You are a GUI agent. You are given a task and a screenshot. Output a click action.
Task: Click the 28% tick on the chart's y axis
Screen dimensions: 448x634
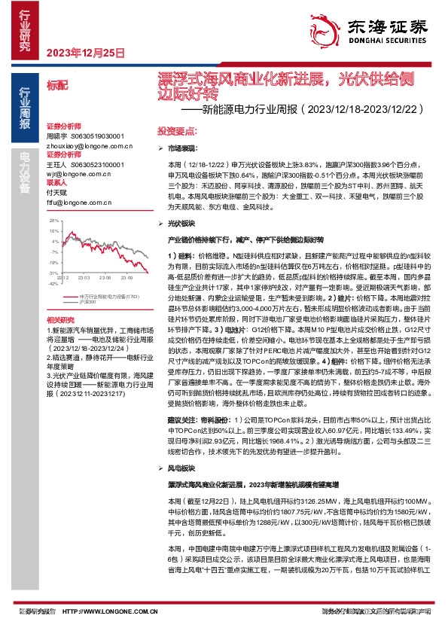[x=53, y=221]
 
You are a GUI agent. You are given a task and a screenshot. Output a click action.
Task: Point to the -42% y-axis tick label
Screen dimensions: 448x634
[x=53, y=284]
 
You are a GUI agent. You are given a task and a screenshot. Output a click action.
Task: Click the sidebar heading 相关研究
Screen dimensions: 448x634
[x=60, y=319]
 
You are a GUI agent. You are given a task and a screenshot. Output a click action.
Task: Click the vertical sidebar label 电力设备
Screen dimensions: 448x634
[x=24, y=169]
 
